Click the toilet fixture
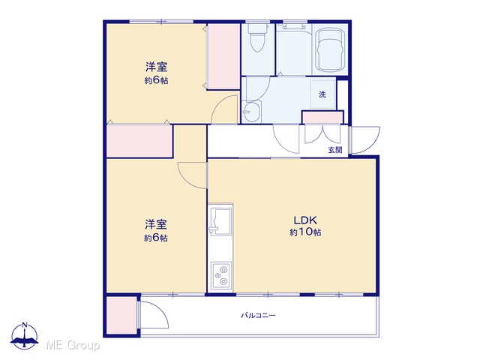[256, 38]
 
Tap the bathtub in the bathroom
[330, 49]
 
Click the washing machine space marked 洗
[322, 94]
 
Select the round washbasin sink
[252, 112]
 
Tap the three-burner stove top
[221, 275]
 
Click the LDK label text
[305, 220]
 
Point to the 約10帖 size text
[305, 232]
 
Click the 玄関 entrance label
[335, 150]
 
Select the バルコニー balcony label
[258, 315]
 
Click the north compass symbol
[25, 336]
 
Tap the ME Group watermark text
[73, 345]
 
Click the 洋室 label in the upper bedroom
[156, 67]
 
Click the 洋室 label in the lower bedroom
[156, 224]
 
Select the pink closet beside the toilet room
[223, 57]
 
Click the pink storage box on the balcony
[121, 315]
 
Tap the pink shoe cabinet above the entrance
[322, 117]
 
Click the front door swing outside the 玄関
[365, 140]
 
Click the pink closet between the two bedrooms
[139, 141]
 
